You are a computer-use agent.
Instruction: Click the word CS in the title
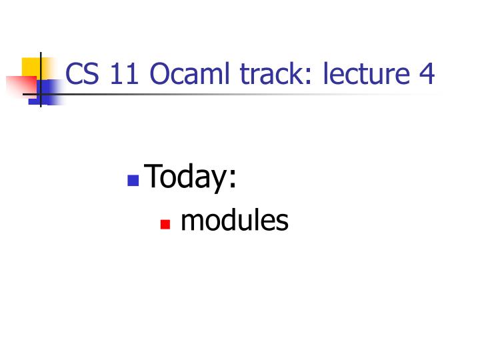pos(82,74)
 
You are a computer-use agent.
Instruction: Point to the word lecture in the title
pos(366,74)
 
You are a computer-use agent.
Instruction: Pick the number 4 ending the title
pos(427,74)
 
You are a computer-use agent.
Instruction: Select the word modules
pos(234,221)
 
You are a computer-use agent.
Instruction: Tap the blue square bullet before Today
pos(133,180)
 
